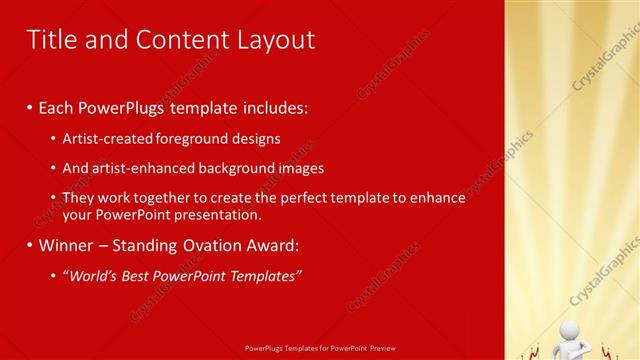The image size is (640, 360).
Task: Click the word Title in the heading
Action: [50, 39]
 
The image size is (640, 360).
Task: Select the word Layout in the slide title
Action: [274, 39]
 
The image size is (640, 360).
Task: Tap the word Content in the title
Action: [177, 39]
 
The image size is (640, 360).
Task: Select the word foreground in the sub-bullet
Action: [195, 139]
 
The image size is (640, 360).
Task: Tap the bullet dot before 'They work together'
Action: [53, 198]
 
